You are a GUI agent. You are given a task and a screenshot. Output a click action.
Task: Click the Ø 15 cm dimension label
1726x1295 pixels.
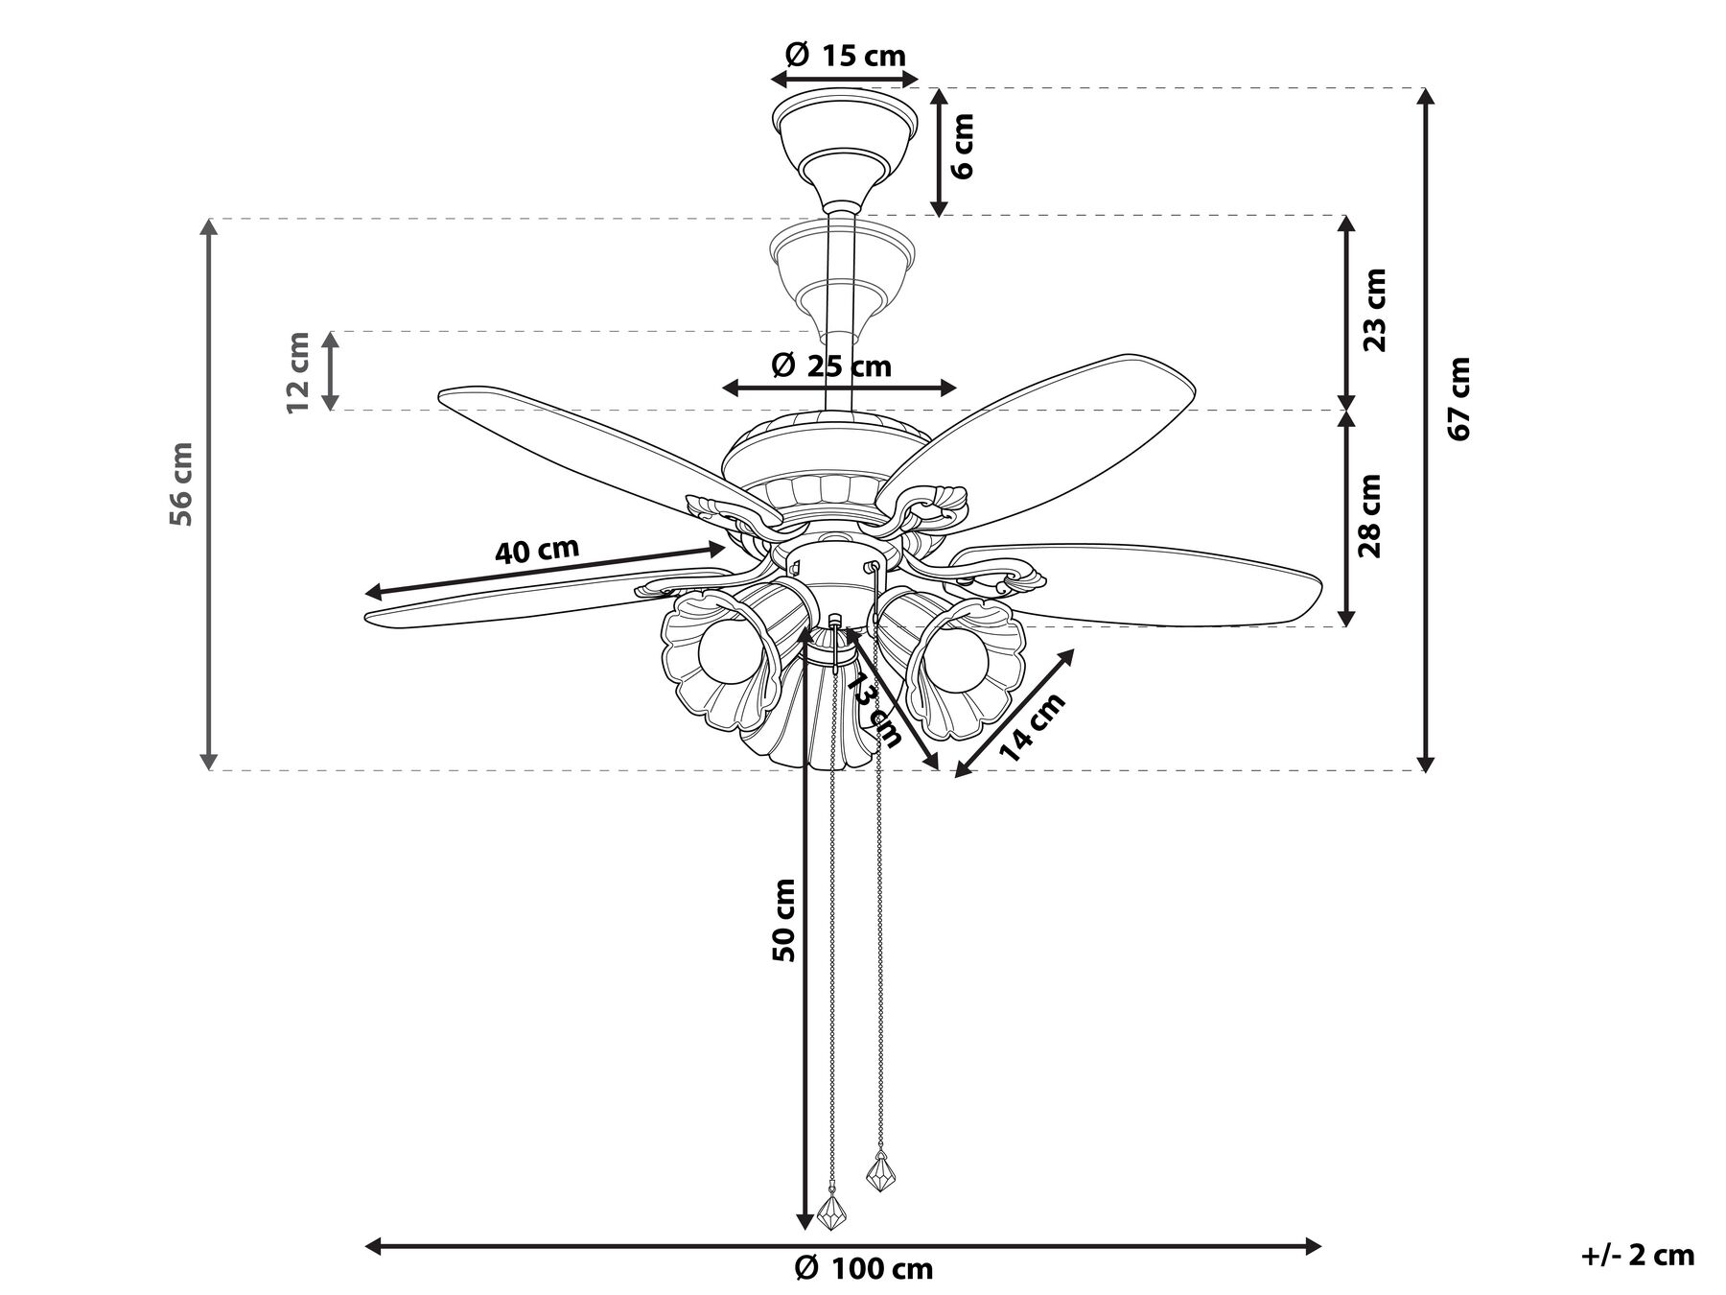[x=845, y=56]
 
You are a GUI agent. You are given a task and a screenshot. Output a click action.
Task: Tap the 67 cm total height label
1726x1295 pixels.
[x=1460, y=398]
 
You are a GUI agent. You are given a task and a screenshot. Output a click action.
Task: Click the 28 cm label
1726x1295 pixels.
[x=1371, y=516]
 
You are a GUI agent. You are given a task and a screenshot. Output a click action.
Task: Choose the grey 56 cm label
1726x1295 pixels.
[x=181, y=483]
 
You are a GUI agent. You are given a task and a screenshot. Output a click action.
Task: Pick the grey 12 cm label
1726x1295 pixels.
[x=298, y=372]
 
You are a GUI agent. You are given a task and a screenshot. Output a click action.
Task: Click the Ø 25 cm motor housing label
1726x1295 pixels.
[x=831, y=365]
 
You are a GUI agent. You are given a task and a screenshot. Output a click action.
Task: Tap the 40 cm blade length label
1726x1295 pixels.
[x=537, y=551]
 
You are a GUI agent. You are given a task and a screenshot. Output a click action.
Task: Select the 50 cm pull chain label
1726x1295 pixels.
[x=784, y=920]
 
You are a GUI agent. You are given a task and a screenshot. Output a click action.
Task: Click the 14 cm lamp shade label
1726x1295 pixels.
[x=1032, y=727]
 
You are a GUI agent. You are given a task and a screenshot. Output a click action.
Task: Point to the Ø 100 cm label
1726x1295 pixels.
[x=863, y=1269]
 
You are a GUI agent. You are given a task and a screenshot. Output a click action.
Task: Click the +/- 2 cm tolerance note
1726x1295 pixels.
[x=1637, y=1255]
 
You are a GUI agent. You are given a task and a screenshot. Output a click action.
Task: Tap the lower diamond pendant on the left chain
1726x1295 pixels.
[x=830, y=1211]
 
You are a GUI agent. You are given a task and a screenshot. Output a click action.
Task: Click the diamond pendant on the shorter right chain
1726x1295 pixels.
[x=880, y=1171]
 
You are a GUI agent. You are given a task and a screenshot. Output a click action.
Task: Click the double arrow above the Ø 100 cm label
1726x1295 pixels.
[x=844, y=1247]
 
